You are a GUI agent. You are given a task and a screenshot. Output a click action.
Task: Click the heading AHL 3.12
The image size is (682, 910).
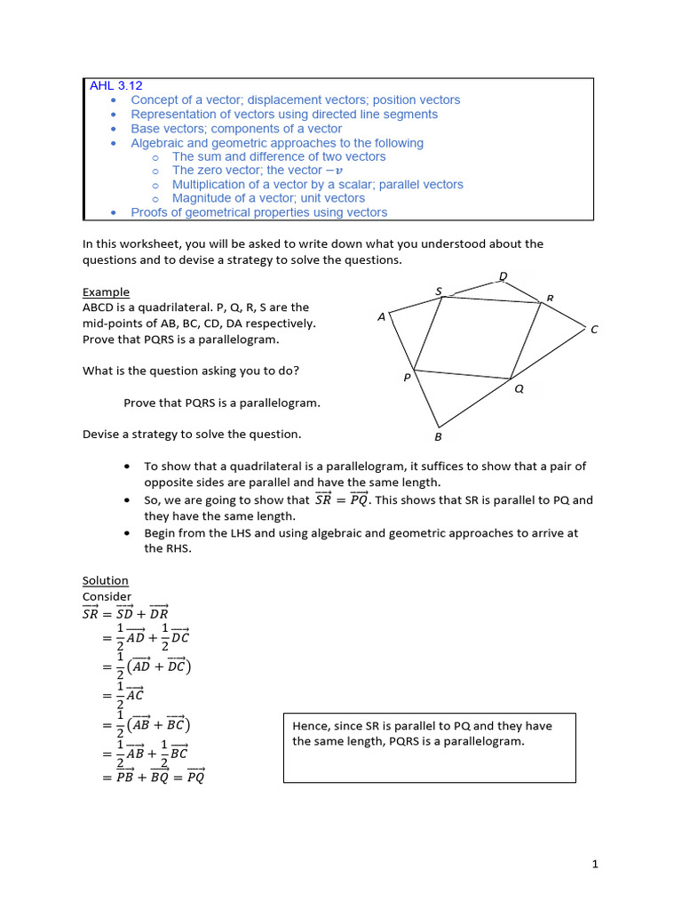click(115, 86)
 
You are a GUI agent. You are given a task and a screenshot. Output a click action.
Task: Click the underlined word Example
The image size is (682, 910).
click(106, 291)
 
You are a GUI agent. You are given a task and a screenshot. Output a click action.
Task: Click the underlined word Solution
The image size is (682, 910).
click(106, 580)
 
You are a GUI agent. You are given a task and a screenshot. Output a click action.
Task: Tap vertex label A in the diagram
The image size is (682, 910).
click(381, 316)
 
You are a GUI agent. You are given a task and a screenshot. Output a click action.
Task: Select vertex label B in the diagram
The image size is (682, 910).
click(438, 436)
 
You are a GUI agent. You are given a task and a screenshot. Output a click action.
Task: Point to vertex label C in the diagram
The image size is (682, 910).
click(594, 330)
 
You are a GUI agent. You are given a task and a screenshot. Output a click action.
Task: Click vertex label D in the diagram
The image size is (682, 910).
click(503, 276)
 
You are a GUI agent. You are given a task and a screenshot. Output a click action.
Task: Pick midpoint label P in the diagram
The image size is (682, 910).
click(407, 377)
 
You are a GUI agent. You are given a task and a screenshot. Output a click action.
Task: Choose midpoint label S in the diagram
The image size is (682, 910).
click(439, 291)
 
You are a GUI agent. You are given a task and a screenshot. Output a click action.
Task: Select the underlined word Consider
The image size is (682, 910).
click(107, 596)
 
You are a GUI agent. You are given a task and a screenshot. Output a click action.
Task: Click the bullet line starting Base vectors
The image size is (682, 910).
click(235, 129)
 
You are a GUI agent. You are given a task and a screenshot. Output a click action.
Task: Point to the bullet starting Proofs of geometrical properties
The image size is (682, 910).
click(258, 212)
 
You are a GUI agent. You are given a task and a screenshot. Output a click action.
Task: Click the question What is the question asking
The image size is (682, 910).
click(196, 371)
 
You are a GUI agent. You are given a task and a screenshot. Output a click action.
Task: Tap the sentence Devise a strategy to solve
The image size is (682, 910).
click(192, 435)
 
